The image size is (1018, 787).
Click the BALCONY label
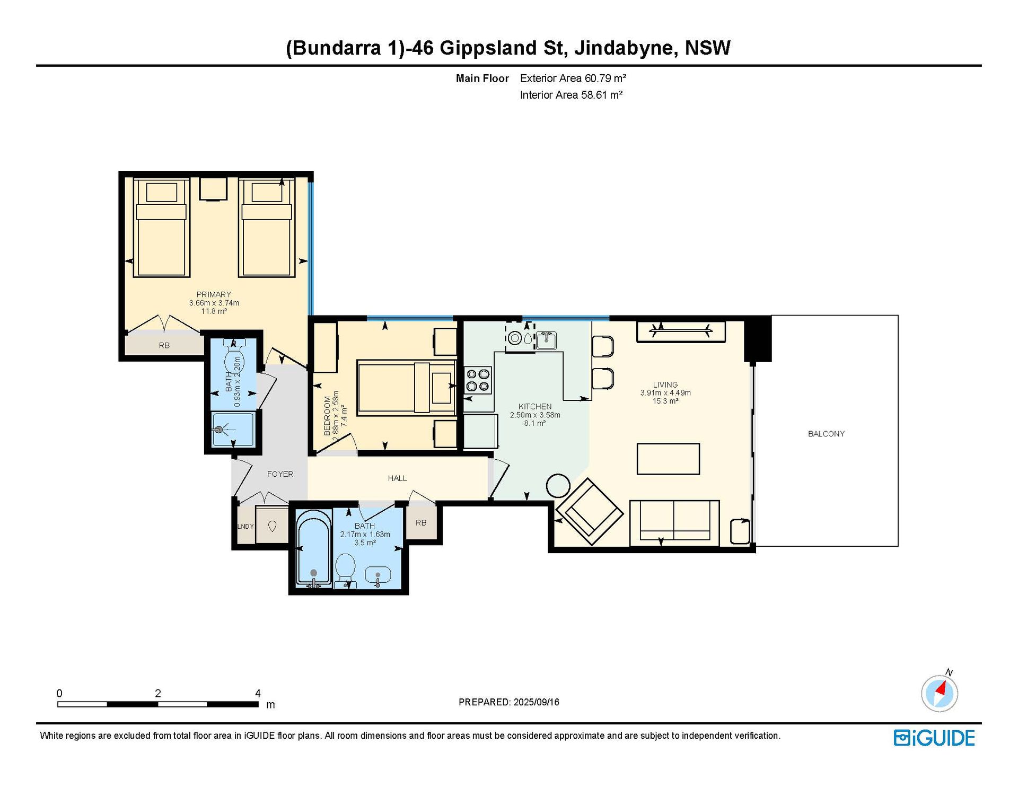point(826,434)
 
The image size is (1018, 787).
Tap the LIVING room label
point(665,384)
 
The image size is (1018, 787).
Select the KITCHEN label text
point(535,407)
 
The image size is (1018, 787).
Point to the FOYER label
point(280,474)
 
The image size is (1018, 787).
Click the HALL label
point(397,478)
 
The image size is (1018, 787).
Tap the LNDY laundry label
point(245,527)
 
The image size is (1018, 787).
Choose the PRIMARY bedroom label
point(214,294)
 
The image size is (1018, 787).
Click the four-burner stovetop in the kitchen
point(478,380)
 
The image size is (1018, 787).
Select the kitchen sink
point(546,340)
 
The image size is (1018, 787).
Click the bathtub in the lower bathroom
point(314,547)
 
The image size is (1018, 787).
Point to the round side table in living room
point(558,485)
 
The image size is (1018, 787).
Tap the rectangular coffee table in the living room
point(668,459)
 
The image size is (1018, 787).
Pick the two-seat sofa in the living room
point(674,523)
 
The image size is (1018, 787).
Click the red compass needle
point(941,689)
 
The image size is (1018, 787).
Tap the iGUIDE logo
point(934,738)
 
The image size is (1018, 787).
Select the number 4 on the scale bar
point(258,693)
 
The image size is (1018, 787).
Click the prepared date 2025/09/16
point(536,702)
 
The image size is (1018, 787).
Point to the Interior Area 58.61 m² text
point(571,95)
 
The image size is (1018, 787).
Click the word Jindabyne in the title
point(624,48)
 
